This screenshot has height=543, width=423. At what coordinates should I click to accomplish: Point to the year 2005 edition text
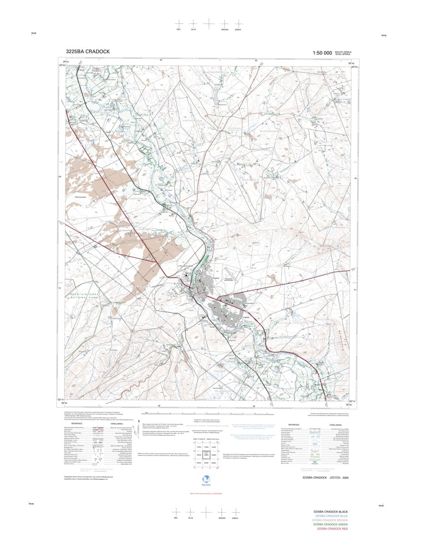click(346, 478)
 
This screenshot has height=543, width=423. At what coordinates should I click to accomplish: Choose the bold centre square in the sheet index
click(207, 455)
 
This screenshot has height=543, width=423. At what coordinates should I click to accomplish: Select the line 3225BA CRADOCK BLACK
click(331, 512)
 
